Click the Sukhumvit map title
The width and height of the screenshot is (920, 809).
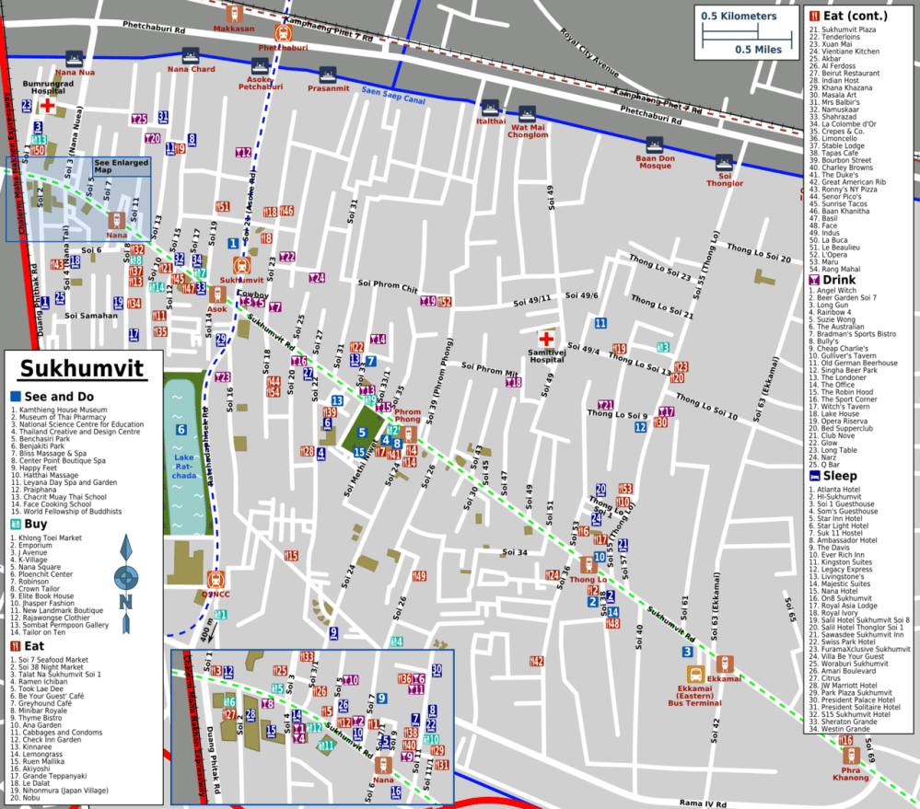[x=83, y=370]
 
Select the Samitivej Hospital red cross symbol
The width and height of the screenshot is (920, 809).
[x=546, y=339]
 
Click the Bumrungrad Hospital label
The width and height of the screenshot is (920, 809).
[x=45, y=87]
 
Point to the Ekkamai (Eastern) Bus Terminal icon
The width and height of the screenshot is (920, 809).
[x=695, y=675]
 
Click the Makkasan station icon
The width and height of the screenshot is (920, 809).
[x=234, y=14]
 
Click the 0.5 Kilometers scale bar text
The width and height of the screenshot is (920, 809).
[x=738, y=17]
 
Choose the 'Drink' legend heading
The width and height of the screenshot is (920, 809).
[x=839, y=280]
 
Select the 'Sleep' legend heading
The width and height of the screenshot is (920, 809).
[x=839, y=476]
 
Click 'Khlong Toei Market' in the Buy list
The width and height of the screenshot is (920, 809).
[x=49, y=537]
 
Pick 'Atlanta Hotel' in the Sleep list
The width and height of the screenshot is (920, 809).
[x=839, y=489]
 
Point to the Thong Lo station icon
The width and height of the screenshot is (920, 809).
[x=587, y=564]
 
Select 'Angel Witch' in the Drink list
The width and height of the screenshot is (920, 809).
[x=838, y=292]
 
